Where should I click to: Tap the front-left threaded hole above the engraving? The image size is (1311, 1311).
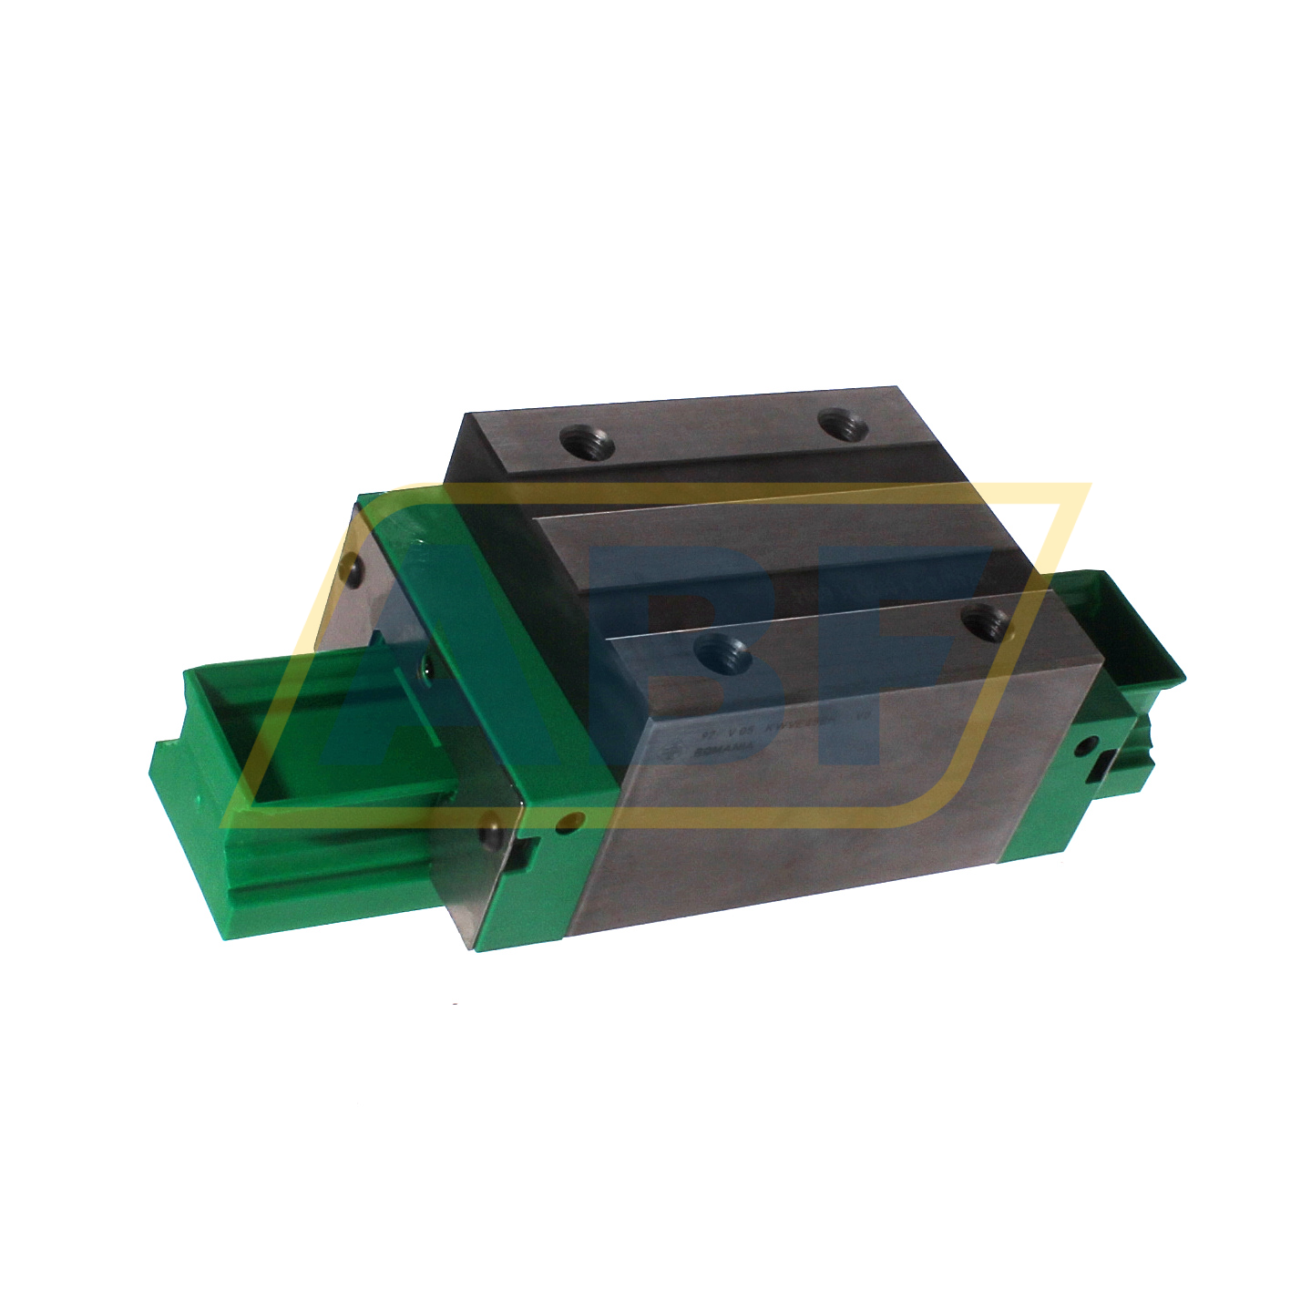point(720,653)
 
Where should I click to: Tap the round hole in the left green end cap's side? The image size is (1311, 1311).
point(570,823)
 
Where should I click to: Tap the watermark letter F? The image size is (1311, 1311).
point(911,656)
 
